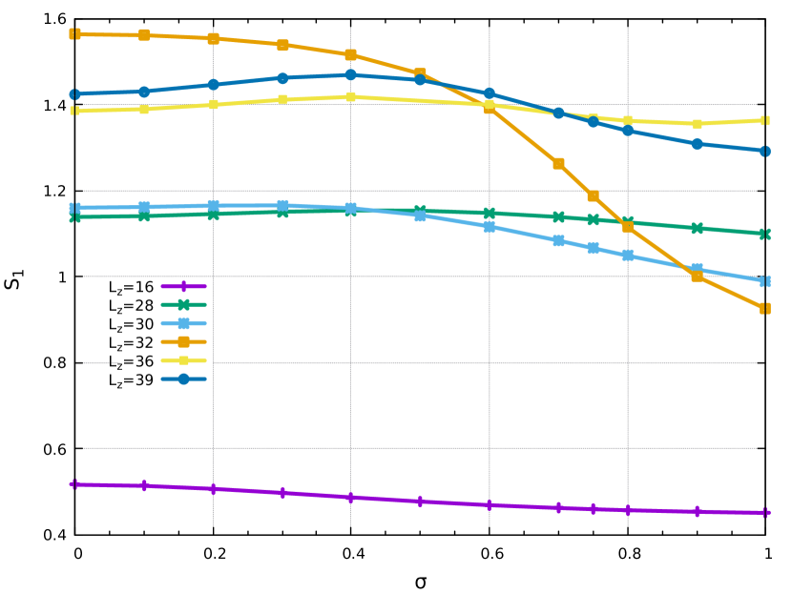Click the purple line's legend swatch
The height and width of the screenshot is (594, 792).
click(x=183, y=286)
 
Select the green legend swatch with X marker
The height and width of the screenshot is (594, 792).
click(x=183, y=305)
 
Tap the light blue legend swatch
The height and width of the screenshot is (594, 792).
click(x=183, y=323)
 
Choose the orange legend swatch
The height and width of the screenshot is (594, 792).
click(x=183, y=341)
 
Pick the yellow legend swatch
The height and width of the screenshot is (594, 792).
click(x=183, y=360)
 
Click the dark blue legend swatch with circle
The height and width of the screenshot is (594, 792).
click(x=183, y=379)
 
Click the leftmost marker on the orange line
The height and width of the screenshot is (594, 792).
click(x=74, y=34)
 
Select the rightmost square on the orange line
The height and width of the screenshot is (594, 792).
click(x=765, y=308)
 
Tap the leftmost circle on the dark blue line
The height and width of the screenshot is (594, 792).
click(x=74, y=94)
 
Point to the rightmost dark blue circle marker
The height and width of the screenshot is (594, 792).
click(x=765, y=151)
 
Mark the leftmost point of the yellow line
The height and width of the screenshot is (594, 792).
click(x=74, y=111)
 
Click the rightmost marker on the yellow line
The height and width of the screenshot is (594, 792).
click(x=765, y=120)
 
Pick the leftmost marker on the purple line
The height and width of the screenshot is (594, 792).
click(x=74, y=484)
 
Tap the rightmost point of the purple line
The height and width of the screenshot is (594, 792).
click(x=765, y=512)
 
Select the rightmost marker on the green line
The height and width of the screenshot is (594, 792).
click(x=765, y=234)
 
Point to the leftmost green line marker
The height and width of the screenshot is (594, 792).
click(x=74, y=217)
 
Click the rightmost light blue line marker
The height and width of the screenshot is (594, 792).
click(x=765, y=281)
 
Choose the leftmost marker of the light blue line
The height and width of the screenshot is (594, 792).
click(x=74, y=208)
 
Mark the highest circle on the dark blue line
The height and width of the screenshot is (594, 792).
click(x=351, y=74)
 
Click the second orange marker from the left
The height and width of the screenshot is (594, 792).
click(x=144, y=35)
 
